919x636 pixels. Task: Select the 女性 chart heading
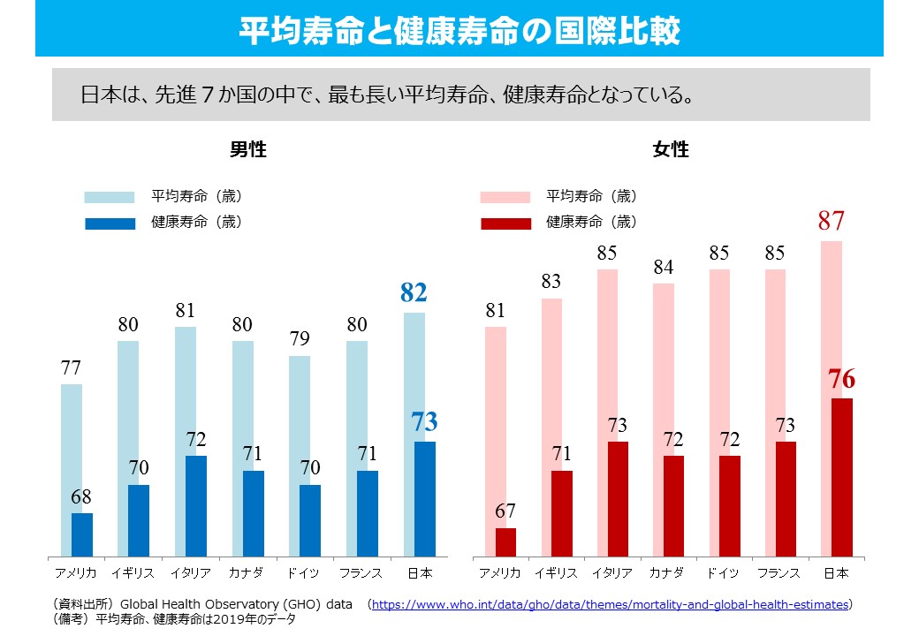[x=671, y=149]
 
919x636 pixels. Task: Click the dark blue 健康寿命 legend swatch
[x=110, y=223]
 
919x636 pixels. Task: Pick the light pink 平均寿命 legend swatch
[x=505, y=197]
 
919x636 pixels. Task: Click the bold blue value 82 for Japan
[x=414, y=293]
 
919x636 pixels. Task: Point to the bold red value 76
[x=841, y=380]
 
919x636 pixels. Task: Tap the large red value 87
[x=831, y=221]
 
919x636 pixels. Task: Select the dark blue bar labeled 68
[x=82, y=534]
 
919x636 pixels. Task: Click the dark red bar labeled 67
[x=505, y=541]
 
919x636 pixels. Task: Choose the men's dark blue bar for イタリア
[x=196, y=505]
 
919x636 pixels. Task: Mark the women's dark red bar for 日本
[x=841, y=477]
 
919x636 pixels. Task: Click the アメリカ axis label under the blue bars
[x=75, y=573]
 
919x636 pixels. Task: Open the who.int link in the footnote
[x=610, y=605]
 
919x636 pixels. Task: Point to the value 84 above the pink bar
[x=664, y=267]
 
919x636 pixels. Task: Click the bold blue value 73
[x=424, y=422]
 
